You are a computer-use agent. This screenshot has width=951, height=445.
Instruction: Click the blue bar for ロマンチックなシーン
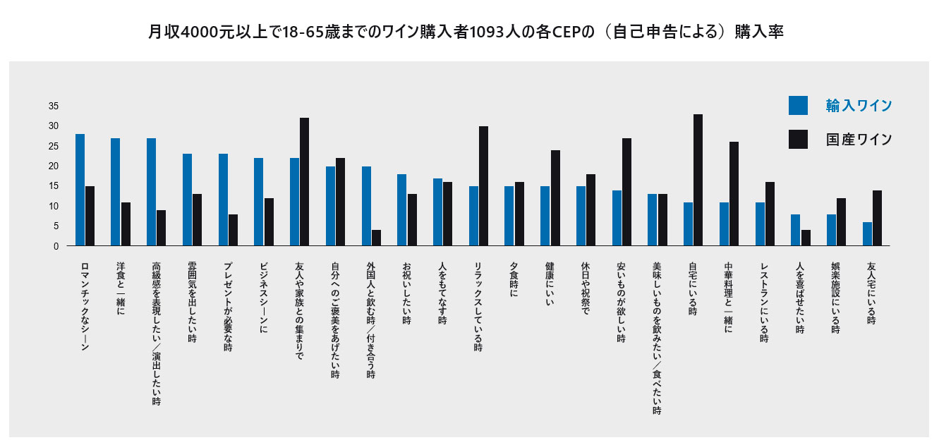pyautogui.click(x=80, y=190)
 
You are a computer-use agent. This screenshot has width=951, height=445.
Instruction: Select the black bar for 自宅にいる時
pyautogui.click(x=698, y=180)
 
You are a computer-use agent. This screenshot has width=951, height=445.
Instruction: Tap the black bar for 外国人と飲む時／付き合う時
pyautogui.click(x=376, y=238)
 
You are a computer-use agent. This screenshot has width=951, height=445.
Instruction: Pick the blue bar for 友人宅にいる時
pyautogui.click(x=867, y=234)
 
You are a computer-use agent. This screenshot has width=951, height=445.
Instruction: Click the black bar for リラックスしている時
pyautogui.click(x=483, y=186)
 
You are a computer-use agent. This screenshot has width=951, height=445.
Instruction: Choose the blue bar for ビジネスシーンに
pyautogui.click(x=259, y=202)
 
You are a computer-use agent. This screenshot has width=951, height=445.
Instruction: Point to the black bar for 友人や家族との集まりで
pyautogui.click(x=304, y=182)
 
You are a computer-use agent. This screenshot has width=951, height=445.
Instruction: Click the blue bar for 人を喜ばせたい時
pyautogui.click(x=795, y=230)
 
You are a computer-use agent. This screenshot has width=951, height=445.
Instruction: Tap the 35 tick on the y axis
pyautogui.click(x=54, y=106)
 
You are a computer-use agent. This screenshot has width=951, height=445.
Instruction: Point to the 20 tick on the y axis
pyautogui.click(x=54, y=166)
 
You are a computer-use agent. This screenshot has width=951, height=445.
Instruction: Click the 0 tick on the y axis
pyautogui.click(x=56, y=246)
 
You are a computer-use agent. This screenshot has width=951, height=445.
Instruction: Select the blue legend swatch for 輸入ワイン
pyautogui.click(x=798, y=105)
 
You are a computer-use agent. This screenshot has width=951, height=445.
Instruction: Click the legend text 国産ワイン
pyautogui.click(x=859, y=139)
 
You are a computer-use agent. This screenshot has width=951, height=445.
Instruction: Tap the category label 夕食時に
pyautogui.click(x=514, y=282)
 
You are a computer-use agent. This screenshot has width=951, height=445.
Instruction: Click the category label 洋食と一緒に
pyautogui.click(x=121, y=287)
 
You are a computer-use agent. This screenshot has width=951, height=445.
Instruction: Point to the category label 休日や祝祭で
pyautogui.click(x=586, y=291)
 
